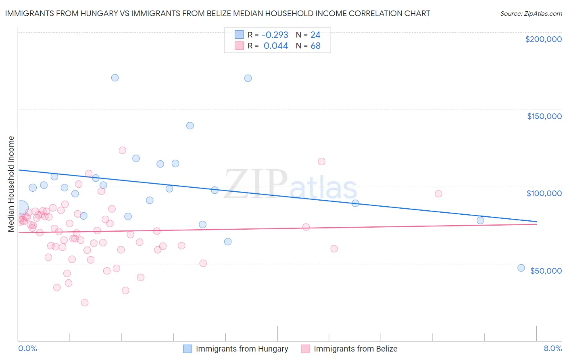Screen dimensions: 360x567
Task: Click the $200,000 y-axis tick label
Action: (543, 39)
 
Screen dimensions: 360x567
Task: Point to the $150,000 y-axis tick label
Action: (544, 116)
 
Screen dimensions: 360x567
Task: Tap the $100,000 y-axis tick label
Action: (544, 193)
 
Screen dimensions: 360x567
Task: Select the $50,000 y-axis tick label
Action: (546, 270)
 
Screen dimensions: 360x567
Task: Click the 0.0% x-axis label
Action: (27, 349)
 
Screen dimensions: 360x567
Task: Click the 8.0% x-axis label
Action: (552, 349)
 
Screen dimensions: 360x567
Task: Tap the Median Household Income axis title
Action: (11, 184)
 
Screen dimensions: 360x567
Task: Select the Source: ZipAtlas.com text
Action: (531, 13)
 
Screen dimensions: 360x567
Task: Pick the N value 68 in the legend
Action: (315, 46)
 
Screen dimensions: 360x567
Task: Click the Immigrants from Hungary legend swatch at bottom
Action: (188, 349)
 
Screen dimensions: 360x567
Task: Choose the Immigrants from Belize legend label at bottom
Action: (355, 349)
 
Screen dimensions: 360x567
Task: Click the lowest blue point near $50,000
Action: (521, 268)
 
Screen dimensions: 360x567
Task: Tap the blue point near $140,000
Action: (190, 126)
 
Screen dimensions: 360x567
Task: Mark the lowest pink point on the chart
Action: (85, 303)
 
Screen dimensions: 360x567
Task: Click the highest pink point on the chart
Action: (122, 150)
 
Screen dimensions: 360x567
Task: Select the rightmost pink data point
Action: (438, 194)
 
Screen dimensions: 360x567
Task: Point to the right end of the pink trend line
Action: (536, 224)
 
